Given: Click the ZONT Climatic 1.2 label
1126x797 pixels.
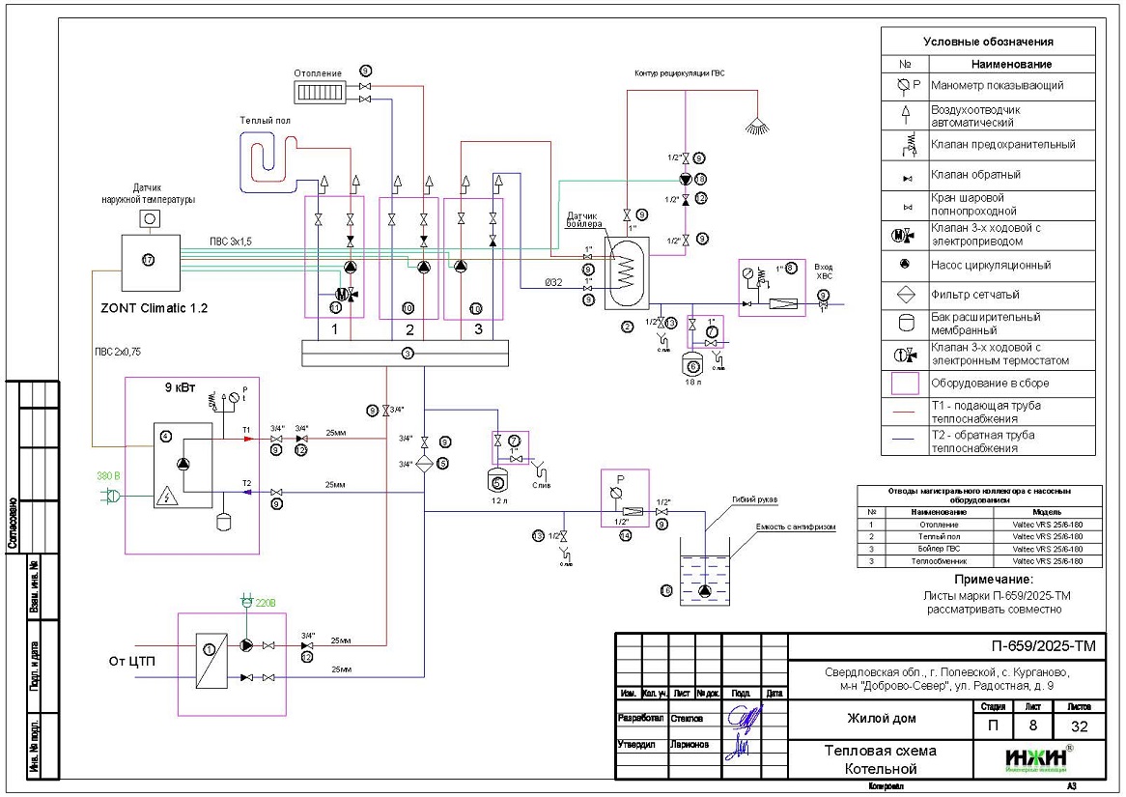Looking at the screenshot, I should coord(154,308).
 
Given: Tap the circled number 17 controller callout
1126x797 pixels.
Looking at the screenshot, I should coord(149,260).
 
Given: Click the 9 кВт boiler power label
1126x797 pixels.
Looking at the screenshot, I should coord(178,388).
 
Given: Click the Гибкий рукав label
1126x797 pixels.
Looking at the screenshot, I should coord(754,499).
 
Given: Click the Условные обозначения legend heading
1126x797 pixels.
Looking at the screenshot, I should coord(988,42).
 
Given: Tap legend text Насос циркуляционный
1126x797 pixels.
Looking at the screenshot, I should coord(991,265).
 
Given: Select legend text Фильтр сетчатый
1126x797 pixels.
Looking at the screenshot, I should coord(975,295).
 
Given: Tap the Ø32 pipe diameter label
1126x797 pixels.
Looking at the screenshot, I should coord(551,282).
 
